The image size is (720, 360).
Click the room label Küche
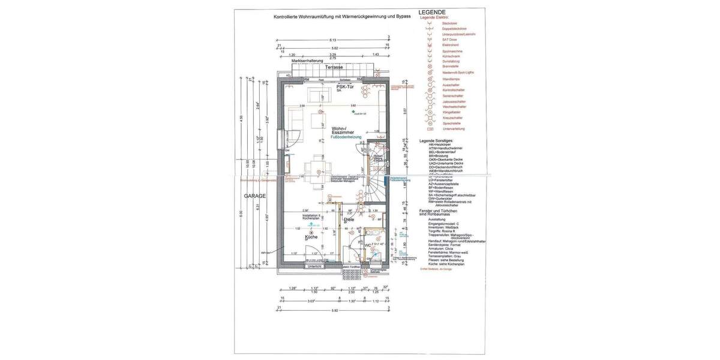[311, 237]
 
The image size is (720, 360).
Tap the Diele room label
[349, 220]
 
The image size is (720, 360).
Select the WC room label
[367, 245]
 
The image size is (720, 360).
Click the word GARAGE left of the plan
[254, 196]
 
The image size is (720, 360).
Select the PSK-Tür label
[345, 86]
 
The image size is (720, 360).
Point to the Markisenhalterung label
[307, 61]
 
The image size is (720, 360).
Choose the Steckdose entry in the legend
[449, 23]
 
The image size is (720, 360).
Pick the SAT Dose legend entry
[449, 39]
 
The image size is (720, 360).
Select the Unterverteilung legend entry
[454, 128]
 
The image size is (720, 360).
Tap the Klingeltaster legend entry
[452, 112]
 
